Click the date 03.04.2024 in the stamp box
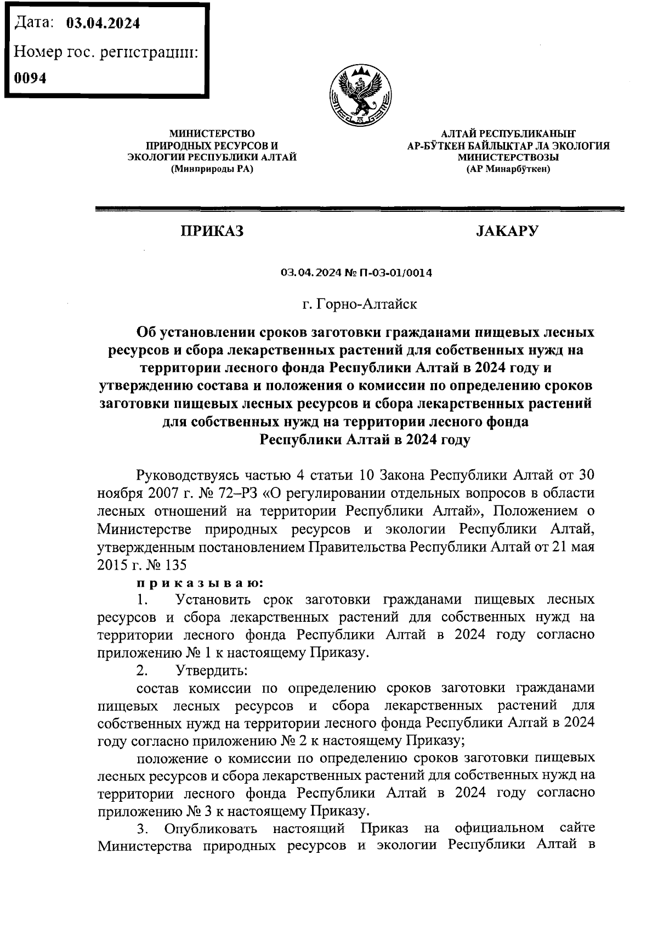103,24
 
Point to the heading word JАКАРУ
507,231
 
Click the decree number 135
175,565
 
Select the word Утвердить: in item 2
211,671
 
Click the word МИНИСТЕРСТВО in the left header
212,133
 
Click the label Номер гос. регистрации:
105,52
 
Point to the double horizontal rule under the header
360,209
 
